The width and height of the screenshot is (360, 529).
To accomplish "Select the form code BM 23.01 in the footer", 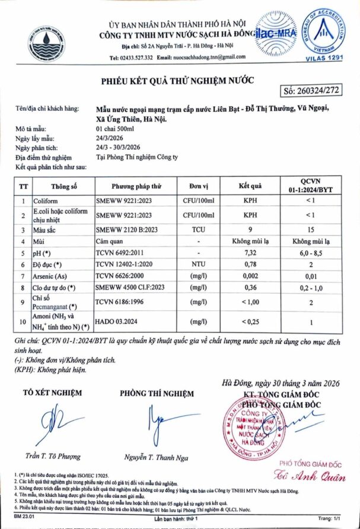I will click(x=23, y=518).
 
